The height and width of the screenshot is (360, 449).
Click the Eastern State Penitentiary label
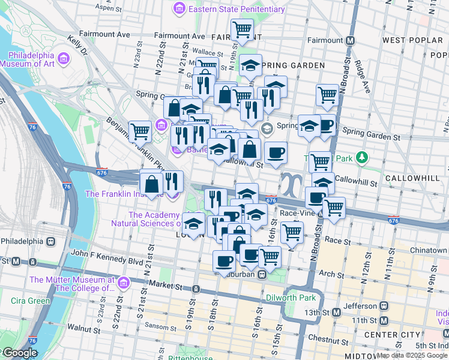[x=236, y=9]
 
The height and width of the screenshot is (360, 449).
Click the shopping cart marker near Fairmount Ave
[x=243, y=28]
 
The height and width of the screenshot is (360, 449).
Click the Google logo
[x=20, y=353]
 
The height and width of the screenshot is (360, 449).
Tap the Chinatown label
[x=429, y=250]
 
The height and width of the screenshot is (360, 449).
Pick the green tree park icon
[x=361, y=158]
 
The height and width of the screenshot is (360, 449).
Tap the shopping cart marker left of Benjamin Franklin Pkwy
[x=140, y=130]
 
